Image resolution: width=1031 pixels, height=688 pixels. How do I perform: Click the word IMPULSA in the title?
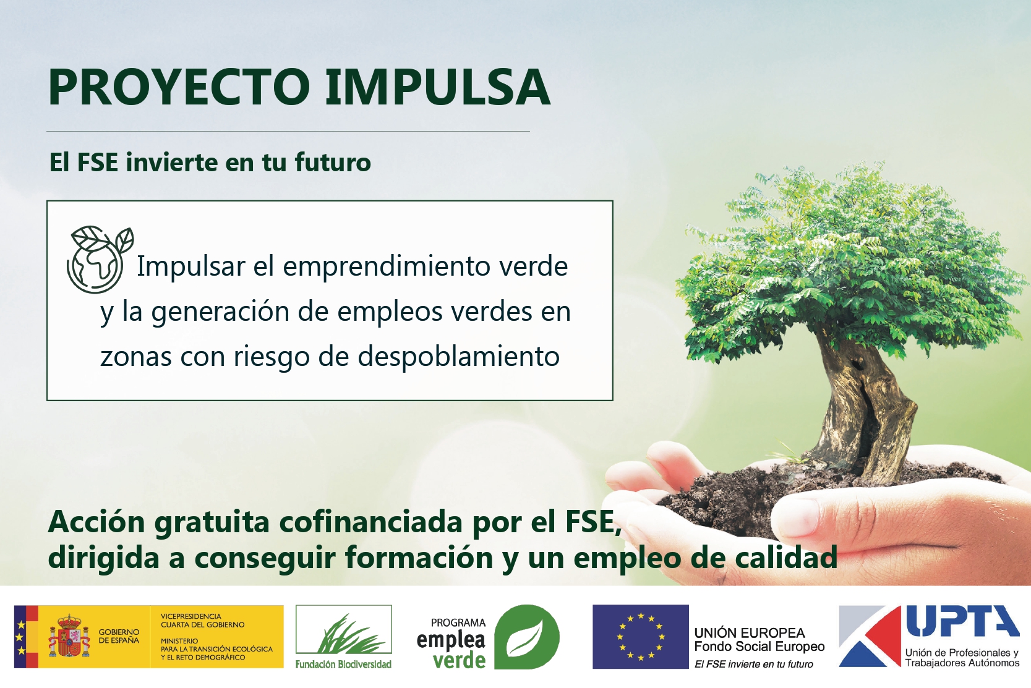tap(437, 87)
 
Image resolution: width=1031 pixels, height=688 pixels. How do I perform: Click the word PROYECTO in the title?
tap(179, 87)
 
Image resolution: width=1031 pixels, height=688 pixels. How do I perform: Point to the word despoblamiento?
tap(458, 357)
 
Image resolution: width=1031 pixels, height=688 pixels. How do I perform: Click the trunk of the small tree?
tap(861, 405)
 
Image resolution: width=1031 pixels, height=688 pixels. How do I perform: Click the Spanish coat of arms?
tap(69, 636)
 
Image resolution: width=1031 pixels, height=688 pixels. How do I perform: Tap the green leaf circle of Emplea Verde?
tap(526, 637)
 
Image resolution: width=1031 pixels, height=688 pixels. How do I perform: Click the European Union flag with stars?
tap(641, 637)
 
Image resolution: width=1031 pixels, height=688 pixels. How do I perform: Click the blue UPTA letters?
tap(963, 622)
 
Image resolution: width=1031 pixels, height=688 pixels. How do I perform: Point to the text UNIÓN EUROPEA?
tap(750, 633)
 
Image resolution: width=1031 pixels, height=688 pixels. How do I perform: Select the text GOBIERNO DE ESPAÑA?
tap(119, 637)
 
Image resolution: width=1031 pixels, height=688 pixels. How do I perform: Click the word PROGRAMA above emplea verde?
tap(458, 622)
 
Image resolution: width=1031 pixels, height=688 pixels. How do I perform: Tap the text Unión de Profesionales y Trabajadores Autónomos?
tap(962, 658)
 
